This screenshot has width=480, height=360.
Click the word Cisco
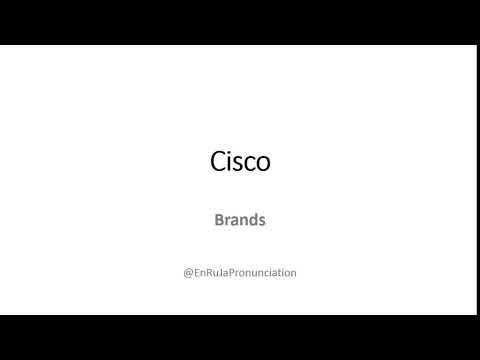pyautogui.click(x=240, y=162)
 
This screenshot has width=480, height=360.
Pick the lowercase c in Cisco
pyautogui.click(x=250, y=164)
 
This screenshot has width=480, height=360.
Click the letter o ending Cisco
pyautogui.click(x=263, y=164)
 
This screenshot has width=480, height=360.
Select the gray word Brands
pyautogui.click(x=240, y=220)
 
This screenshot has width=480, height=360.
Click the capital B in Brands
pyautogui.click(x=219, y=220)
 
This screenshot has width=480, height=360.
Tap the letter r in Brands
pyautogui.click(x=227, y=221)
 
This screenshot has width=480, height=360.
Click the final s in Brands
pyautogui.click(x=261, y=221)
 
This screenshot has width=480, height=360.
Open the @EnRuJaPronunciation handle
pyautogui.click(x=240, y=272)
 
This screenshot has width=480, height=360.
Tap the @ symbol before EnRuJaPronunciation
pyautogui.click(x=188, y=272)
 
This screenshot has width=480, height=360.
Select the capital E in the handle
pyautogui.click(x=197, y=272)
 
